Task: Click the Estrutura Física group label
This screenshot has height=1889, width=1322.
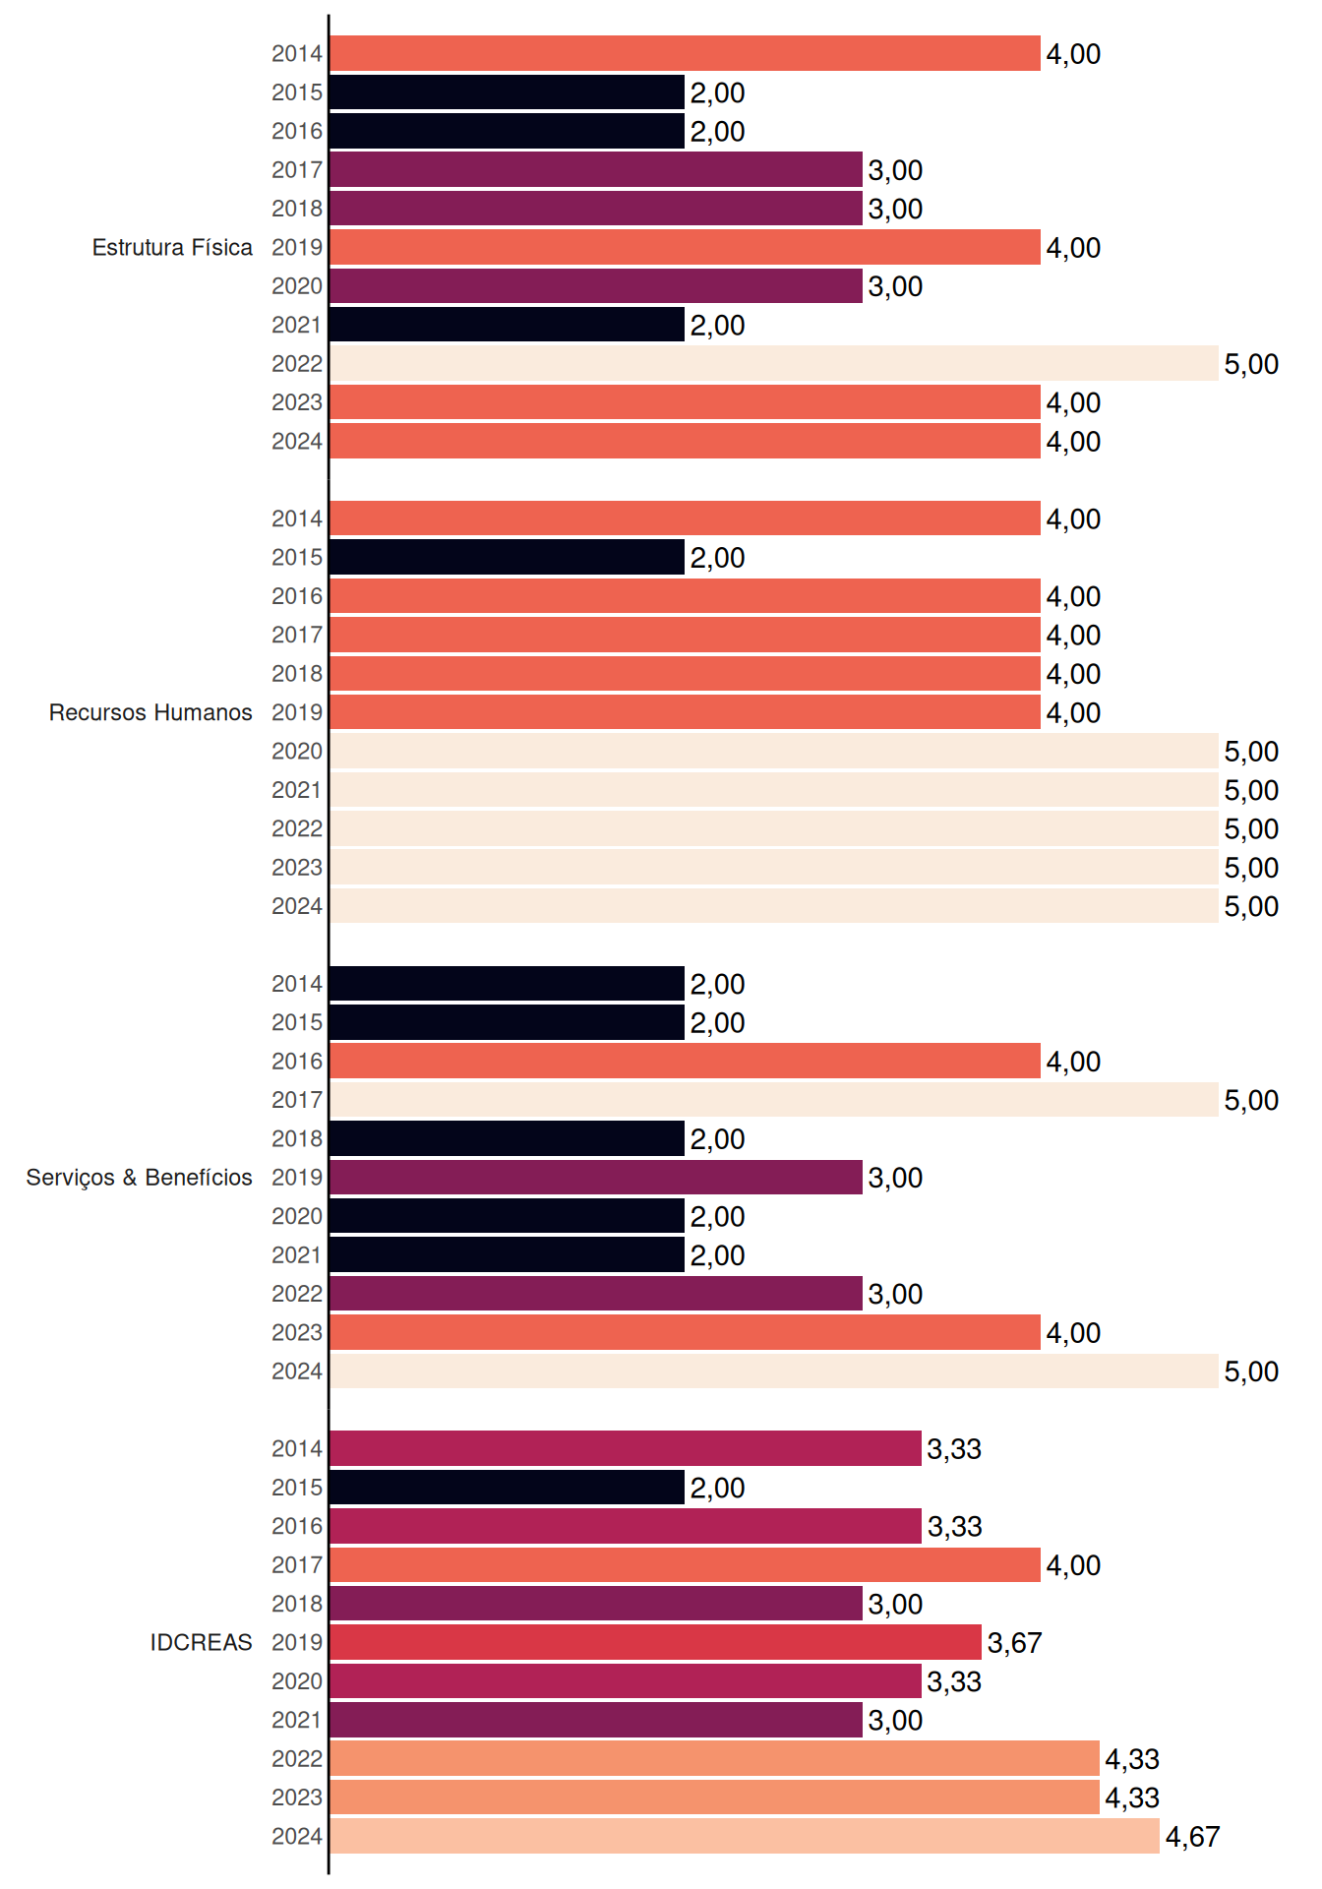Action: tap(172, 247)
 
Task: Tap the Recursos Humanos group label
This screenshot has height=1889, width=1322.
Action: tap(150, 712)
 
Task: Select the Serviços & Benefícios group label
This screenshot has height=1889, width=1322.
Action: tap(139, 1178)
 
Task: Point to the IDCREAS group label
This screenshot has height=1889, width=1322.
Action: tap(201, 1642)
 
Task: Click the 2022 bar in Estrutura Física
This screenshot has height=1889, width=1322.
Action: tap(774, 363)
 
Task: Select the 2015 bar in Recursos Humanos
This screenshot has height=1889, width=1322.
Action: tap(508, 557)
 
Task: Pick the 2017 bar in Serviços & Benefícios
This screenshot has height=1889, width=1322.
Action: tap(774, 1100)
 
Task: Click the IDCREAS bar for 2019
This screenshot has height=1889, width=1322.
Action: tap(656, 1642)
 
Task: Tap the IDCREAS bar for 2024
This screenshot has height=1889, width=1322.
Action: tap(745, 1836)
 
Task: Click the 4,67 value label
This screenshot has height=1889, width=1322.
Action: tap(1192, 1837)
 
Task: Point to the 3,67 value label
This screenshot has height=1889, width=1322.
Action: tap(1014, 1643)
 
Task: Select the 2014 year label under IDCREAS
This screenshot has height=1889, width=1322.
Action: tap(297, 1448)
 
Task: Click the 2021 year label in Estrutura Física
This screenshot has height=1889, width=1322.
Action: tap(297, 325)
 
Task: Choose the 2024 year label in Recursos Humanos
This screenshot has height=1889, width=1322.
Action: tap(297, 906)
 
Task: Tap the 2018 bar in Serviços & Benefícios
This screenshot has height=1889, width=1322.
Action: tap(508, 1138)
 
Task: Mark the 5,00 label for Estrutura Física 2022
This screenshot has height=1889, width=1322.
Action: tap(1251, 364)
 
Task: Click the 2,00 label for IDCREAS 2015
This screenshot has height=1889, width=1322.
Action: tap(717, 1488)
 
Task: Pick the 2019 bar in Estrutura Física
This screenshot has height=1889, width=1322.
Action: tap(686, 247)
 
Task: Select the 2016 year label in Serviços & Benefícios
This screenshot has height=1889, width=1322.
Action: tap(297, 1061)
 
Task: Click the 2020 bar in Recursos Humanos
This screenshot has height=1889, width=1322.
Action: tap(774, 751)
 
